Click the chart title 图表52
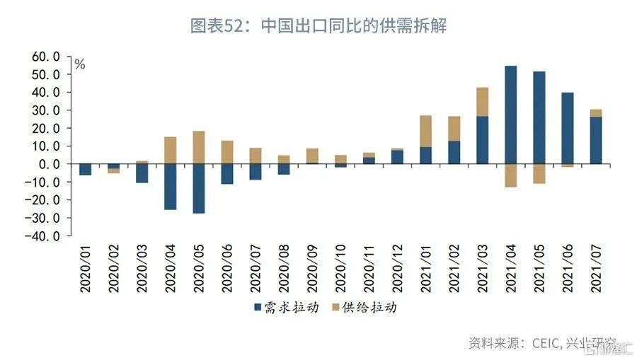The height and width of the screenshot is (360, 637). point(318,27)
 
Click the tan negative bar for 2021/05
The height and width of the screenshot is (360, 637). point(539,173)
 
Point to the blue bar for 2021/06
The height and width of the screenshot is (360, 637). point(567,128)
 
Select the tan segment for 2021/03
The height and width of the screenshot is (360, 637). point(482,102)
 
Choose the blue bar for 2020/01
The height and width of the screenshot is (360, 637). point(85,169)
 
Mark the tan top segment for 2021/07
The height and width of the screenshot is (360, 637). point(595,113)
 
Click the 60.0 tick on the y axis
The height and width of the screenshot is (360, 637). point(47,57)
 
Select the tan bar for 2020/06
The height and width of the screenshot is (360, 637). point(226,151)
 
